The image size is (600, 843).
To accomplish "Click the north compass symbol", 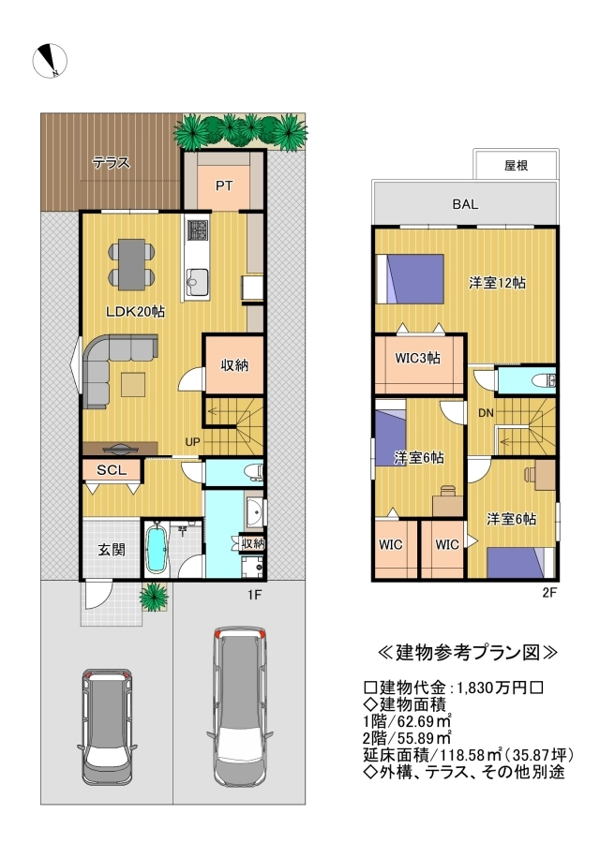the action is click(50, 61).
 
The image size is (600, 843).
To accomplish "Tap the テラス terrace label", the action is click(111, 162).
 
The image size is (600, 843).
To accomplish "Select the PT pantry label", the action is click(224, 186).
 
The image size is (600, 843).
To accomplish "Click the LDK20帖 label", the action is click(135, 312).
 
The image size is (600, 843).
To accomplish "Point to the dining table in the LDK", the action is click(132, 264).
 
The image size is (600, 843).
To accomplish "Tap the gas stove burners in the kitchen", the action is click(198, 231).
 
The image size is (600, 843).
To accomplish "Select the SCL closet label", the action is click(112, 470).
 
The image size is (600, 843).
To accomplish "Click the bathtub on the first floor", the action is click(157, 547).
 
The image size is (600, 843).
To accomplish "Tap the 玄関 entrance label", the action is click(112, 550).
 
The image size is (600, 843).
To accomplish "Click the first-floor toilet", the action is click(252, 472).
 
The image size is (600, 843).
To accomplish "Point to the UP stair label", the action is click(192, 442).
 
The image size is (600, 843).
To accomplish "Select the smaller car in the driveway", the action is click(107, 726).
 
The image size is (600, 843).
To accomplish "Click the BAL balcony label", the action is click(465, 204).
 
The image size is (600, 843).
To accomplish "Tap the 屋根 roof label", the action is click(516, 165).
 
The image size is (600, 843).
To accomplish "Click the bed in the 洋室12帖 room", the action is click(410, 279).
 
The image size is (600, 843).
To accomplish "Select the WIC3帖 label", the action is click(417, 358).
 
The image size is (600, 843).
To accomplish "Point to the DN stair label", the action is click(486, 413).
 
